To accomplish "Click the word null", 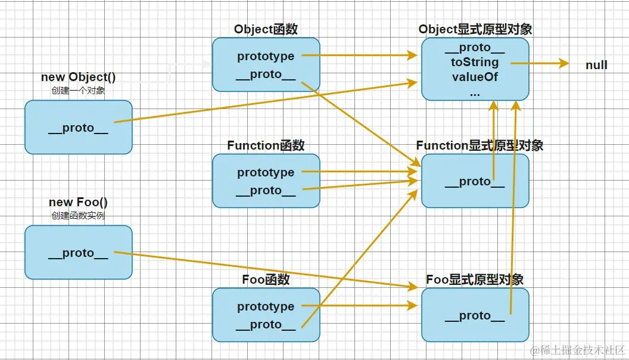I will pos(596,65).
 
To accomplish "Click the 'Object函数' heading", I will pos(266,29).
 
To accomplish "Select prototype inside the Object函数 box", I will pos(266,56).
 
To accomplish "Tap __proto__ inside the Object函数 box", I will pos(266,75).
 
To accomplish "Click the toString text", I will pos(475,62).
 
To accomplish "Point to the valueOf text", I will pos(475,77).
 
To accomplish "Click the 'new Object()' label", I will pos(78,77).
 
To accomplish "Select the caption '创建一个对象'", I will pos(78,91).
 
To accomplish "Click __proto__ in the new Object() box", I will pos(78,128).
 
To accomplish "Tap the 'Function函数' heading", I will pos(266,145).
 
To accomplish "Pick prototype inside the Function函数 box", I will pos(266,172).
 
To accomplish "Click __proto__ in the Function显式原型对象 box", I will pos(475,182).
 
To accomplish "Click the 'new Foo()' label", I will pos(78,202).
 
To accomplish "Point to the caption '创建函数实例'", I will pos(78,216).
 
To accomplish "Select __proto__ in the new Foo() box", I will pos(78,253).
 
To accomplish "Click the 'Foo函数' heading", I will pos(266,280).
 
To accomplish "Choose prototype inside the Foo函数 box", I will pos(266,306).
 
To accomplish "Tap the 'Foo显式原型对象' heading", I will pos(475,280).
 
